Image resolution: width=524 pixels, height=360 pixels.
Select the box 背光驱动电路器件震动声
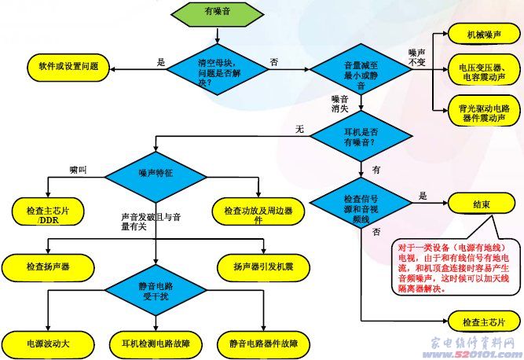481,108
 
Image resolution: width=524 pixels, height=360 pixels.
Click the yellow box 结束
481,204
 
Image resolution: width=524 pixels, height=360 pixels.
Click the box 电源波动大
48,343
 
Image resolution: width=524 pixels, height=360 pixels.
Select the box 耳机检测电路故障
156,343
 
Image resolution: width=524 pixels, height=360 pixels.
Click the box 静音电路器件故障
263,343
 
